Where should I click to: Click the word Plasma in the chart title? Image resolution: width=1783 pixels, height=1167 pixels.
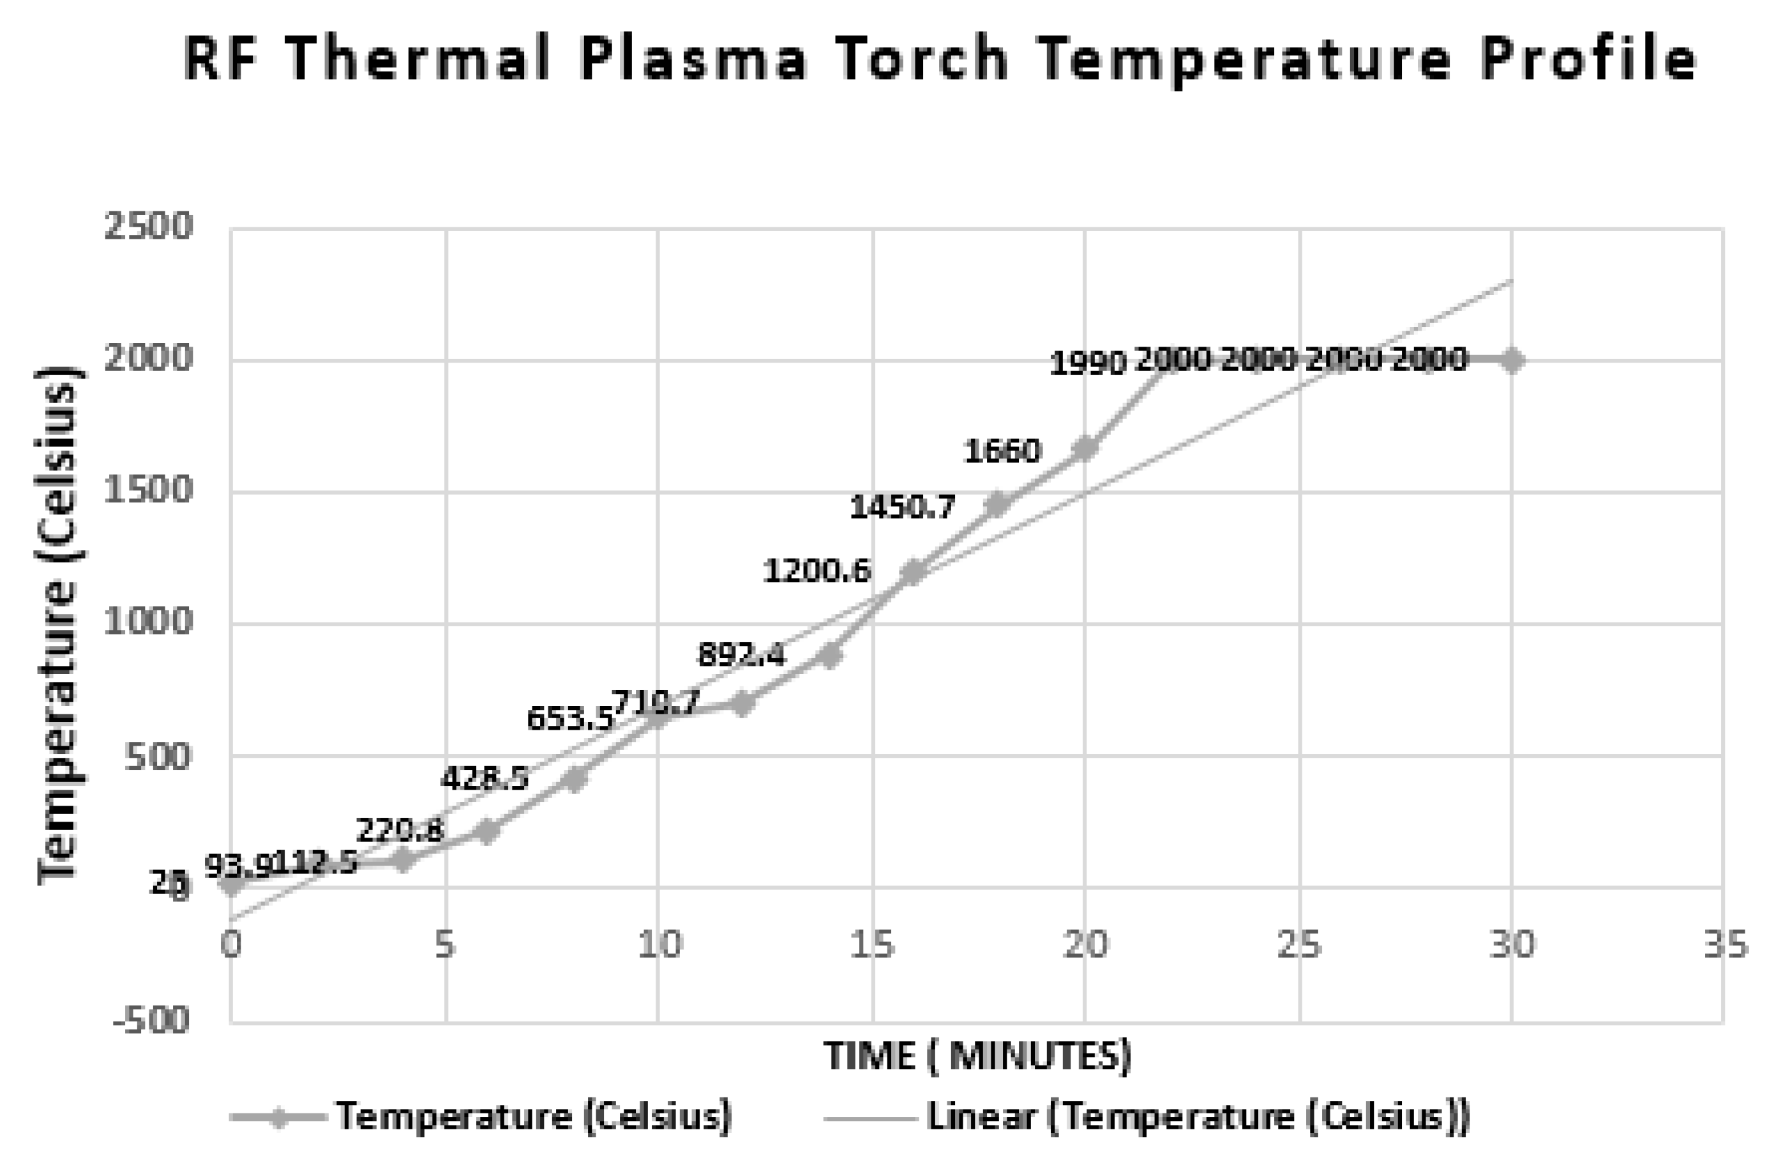click(x=693, y=60)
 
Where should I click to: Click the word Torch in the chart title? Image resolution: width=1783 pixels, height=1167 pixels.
click(x=924, y=60)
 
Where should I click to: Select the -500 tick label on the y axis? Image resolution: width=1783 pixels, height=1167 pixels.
click(x=150, y=1020)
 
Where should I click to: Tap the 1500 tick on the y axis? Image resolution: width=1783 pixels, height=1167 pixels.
click(x=148, y=492)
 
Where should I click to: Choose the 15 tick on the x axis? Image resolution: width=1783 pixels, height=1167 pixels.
click(x=873, y=945)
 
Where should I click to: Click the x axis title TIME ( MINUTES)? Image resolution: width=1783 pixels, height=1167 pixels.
click(x=977, y=1056)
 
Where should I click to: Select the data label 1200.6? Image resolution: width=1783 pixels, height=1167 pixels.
click(x=816, y=571)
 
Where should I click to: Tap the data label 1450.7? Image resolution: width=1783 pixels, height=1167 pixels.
click(x=902, y=508)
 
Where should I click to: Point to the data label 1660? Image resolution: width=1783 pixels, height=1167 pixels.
click(x=1002, y=451)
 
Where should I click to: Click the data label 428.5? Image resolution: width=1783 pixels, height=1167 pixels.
click(x=484, y=778)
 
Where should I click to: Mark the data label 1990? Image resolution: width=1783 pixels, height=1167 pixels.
click(x=1088, y=364)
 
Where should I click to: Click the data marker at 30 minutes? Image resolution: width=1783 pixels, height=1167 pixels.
click(x=1512, y=360)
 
